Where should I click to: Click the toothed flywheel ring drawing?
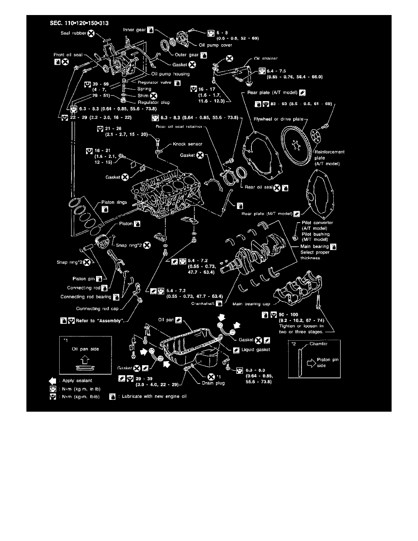[x=296, y=141]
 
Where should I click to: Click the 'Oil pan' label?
[x=166, y=320]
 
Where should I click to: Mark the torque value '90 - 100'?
[x=289, y=314]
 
